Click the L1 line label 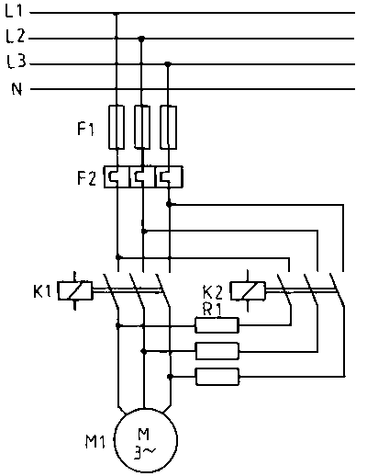pyautogui.click(x=14, y=11)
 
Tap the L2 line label pyautogui.click(x=16, y=36)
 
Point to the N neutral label pyautogui.click(x=17, y=89)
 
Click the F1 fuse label pyautogui.click(x=85, y=129)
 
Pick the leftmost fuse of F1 pyautogui.click(x=117, y=127)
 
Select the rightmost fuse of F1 pyautogui.click(x=169, y=127)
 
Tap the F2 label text pyautogui.click(x=86, y=178)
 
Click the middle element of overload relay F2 pyautogui.click(x=142, y=176)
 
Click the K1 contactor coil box pyautogui.click(x=75, y=290)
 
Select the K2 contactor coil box pyautogui.click(x=248, y=290)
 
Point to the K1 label pyautogui.click(x=42, y=291)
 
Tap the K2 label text pyautogui.click(x=213, y=292)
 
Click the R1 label pyautogui.click(x=212, y=310)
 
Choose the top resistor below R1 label pyautogui.click(x=217, y=325)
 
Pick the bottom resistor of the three pyautogui.click(x=217, y=377)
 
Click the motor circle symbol pyautogui.click(x=146, y=440)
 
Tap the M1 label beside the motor pyautogui.click(x=95, y=442)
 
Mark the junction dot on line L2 pyautogui.click(x=141, y=39)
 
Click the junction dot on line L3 pyautogui.click(x=168, y=64)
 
